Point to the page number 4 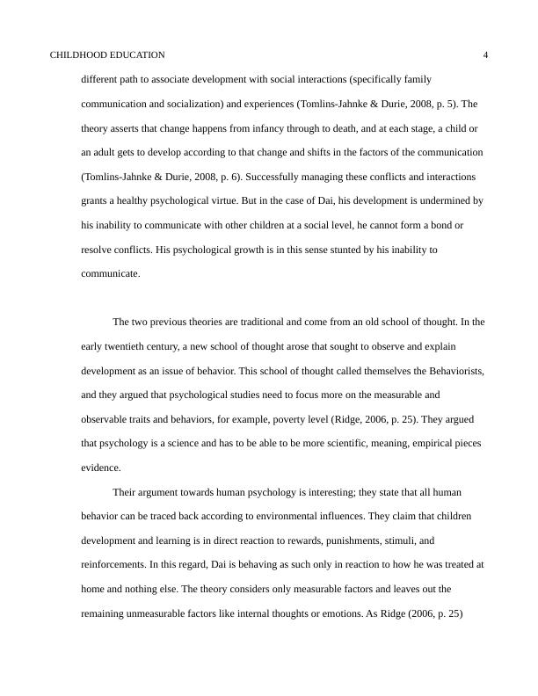point(486,54)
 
